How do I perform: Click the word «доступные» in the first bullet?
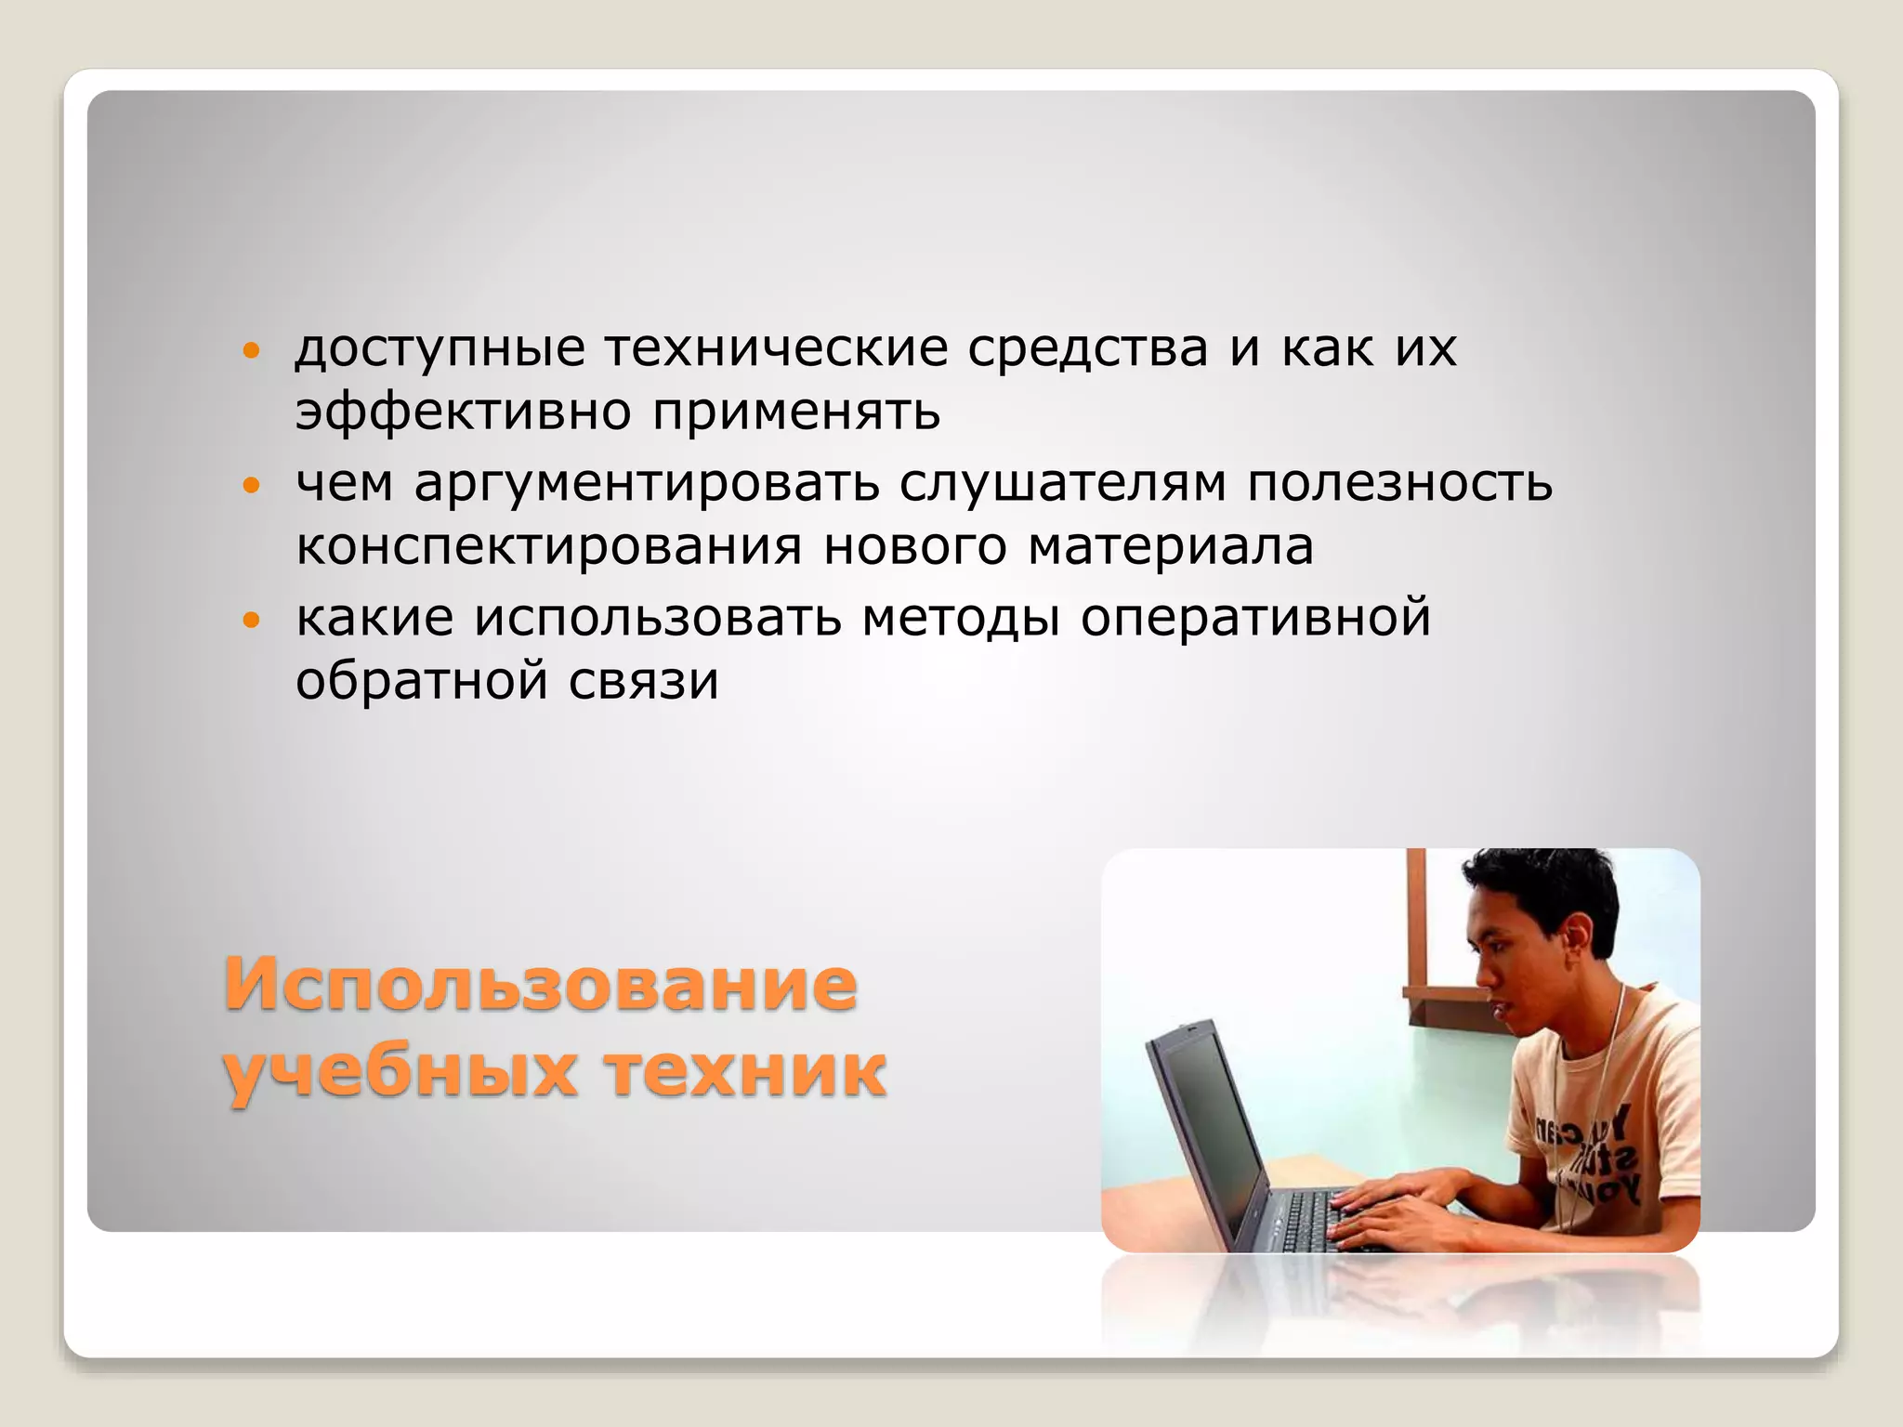[440, 350]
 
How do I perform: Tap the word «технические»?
[777, 348]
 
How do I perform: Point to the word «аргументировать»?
[647, 484]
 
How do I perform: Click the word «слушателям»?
[1063, 483]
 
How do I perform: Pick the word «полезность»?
[1399, 483]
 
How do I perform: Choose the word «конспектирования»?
[548, 546]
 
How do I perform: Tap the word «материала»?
[1171, 546]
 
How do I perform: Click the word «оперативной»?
[1255, 618]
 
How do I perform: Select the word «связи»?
[644, 681]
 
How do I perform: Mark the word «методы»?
[961, 618]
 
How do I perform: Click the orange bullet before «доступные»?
[248, 351]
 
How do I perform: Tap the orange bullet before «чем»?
[248, 485]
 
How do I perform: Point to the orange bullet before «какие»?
[248, 620]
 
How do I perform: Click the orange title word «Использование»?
[540, 984]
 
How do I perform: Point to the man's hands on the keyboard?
[1403, 1208]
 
